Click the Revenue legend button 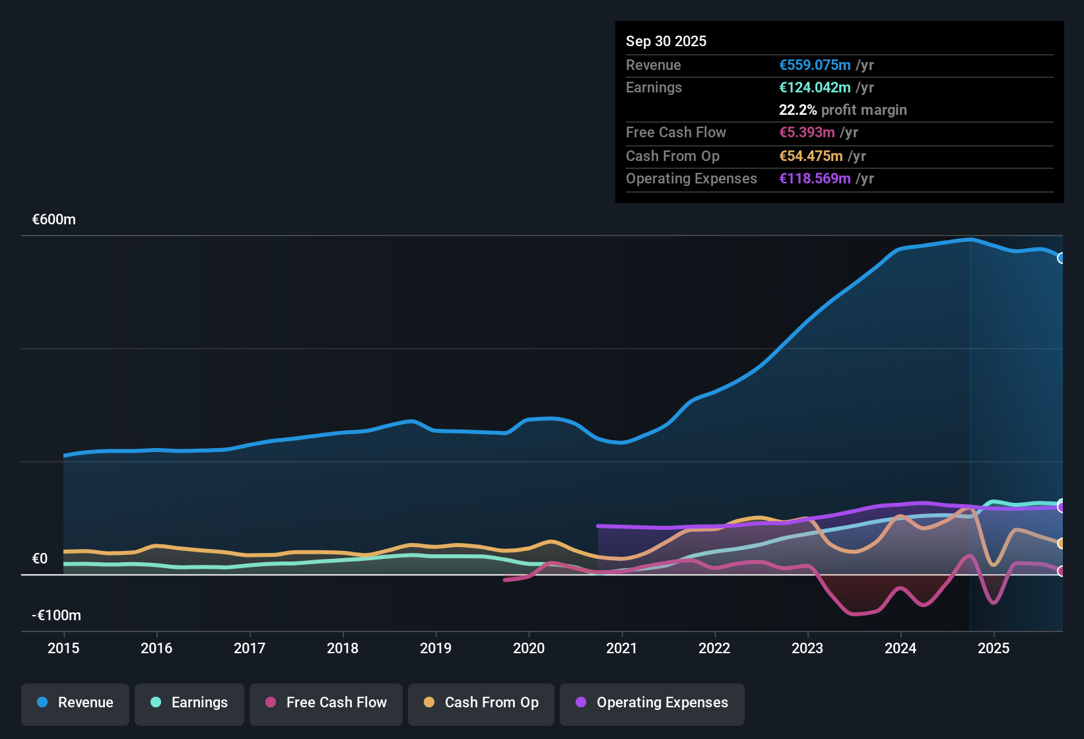pyautogui.click(x=75, y=703)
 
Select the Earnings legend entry pyautogui.click(x=189, y=703)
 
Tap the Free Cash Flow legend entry pyautogui.click(x=326, y=703)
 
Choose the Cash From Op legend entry pyautogui.click(x=481, y=703)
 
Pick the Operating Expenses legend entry pyautogui.click(x=652, y=703)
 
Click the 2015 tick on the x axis pyautogui.click(x=63, y=648)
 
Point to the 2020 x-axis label pyautogui.click(x=529, y=648)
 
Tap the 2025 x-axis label pyautogui.click(x=994, y=648)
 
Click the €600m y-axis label pyautogui.click(x=54, y=220)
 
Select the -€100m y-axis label pyautogui.click(x=57, y=616)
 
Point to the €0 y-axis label pyautogui.click(x=40, y=559)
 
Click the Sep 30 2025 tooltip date pyautogui.click(x=666, y=41)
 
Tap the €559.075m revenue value pyautogui.click(x=815, y=65)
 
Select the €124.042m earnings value pyautogui.click(x=815, y=88)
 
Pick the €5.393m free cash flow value pyautogui.click(x=807, y=133)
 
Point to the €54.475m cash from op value pyautogui.click(x=811, y=156)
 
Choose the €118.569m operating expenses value pyautogui.click(x=815, y=179)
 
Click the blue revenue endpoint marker pyautogui.click(x=1062, y=258)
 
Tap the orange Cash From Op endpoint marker pyautogui.click(x=1062, y=544)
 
